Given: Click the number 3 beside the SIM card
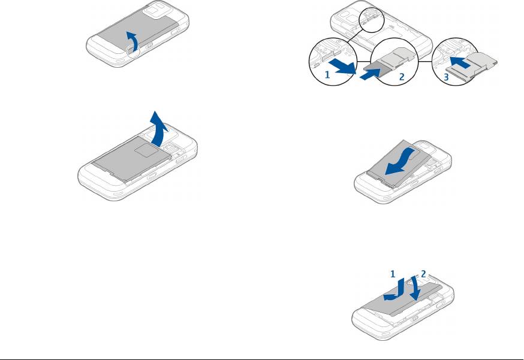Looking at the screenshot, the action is click(446, 77).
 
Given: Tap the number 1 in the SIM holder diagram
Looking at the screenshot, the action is click(327, 75).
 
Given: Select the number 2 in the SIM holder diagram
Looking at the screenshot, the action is click(402, 77).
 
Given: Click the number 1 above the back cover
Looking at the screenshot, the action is click(393, 274).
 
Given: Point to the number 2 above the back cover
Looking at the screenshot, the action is click(423, 274).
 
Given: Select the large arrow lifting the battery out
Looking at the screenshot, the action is click(159, 129).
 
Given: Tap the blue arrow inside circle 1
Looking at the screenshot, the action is click(343, 66).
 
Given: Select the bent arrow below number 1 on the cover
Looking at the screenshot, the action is click(395, 291).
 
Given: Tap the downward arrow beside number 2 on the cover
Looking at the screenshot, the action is click(415, 288).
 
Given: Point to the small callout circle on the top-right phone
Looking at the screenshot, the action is click(372, 20).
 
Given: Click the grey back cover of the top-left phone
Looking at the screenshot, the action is click(138, 34).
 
